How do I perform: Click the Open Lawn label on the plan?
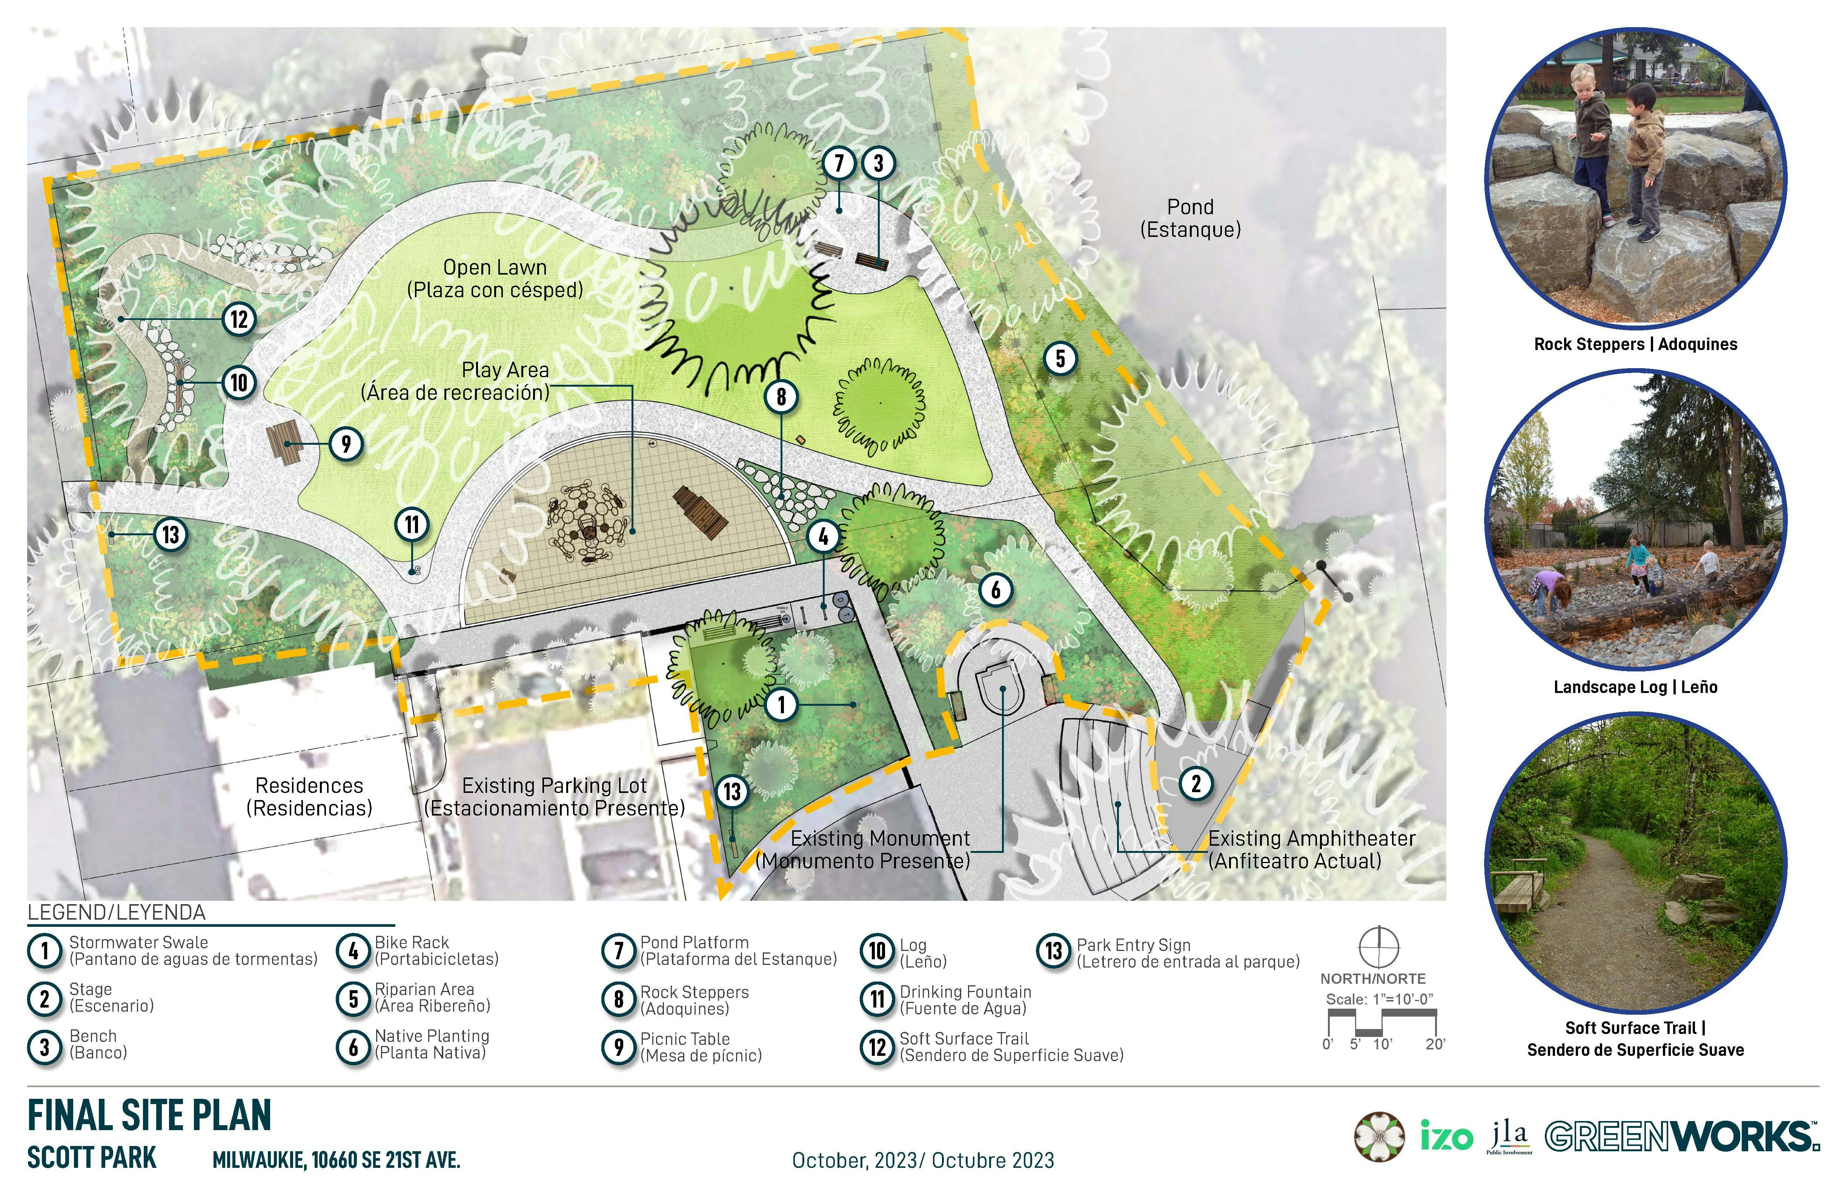coord(495,278)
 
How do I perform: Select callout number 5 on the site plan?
coord(1060,358)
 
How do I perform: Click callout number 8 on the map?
coord(781,396)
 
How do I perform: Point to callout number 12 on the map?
coord(239,318)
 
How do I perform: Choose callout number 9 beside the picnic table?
coord(346,444)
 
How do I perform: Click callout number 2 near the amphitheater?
coord(1195,784)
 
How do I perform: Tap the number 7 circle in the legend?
coord(619,951)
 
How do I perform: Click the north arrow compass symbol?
coord(1378,947)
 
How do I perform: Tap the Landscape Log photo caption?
coord(1635,687)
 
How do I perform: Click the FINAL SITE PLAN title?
coord(149,1116)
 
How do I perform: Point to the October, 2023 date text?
coord(923,1161)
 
